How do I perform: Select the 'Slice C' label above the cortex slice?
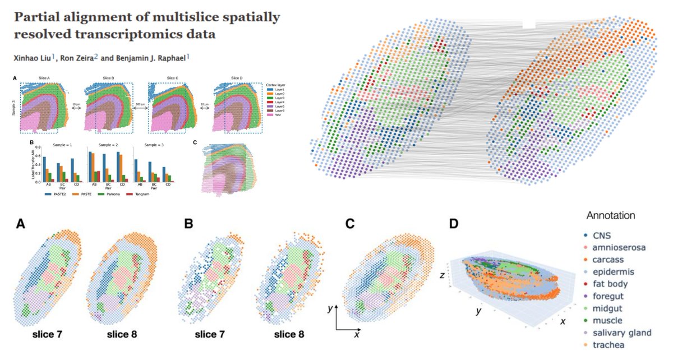[174, 77]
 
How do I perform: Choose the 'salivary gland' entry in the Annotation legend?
[617, 333]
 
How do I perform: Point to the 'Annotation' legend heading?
[611, 215]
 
